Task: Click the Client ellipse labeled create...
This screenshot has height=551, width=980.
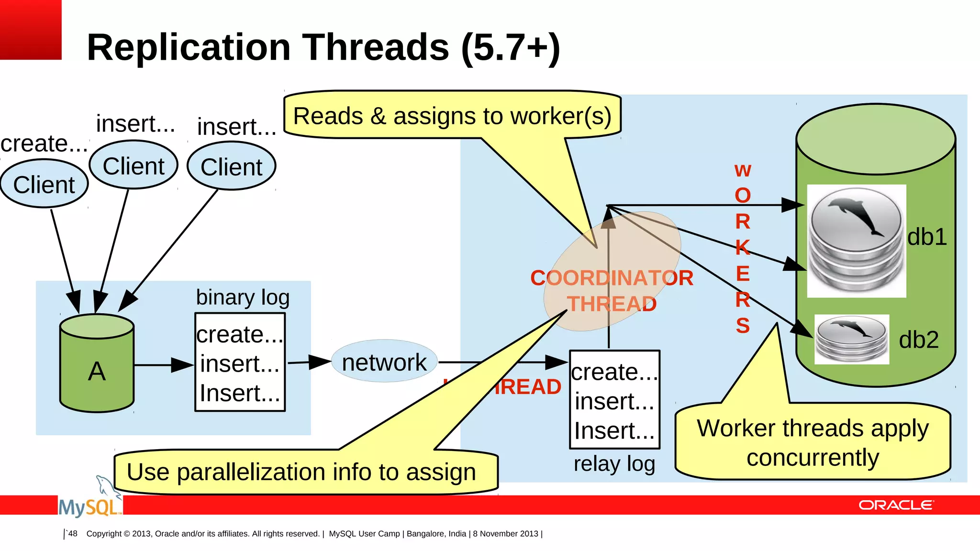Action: tap(44, 184)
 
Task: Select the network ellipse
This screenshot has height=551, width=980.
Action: tap(384, 362)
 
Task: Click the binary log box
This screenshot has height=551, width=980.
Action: tap(240, 362)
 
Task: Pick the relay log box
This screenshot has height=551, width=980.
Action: tap(614, 400)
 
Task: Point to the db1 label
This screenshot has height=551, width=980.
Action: tap(927, 237)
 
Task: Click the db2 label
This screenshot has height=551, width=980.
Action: tap(918, 340)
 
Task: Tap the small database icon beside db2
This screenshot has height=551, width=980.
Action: tap(851, 339)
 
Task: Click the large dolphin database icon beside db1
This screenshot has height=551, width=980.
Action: tap(856, 241)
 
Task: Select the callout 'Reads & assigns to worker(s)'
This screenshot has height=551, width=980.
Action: tap(452, 115)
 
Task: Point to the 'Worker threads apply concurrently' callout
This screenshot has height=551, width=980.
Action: tap(812, 442)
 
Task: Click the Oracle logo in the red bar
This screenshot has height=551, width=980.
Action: tap(895, 505)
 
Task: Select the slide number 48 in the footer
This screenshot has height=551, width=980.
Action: tap(73, 534)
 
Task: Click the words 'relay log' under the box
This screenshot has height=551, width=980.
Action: tap(614, 464)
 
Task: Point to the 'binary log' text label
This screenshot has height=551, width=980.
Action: tap(243, 297)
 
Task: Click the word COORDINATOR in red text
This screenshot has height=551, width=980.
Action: tap(612, 278)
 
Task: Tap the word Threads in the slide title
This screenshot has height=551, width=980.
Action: tap(376, 47)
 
